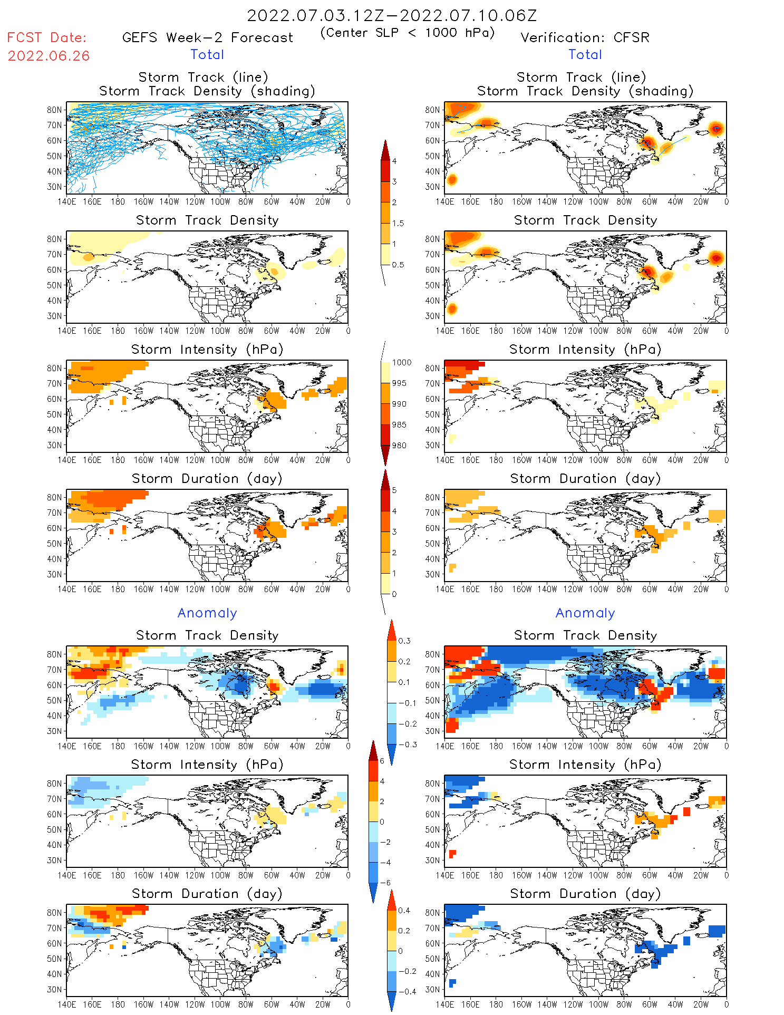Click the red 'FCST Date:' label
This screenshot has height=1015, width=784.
46,37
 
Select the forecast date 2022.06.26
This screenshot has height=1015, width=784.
49,56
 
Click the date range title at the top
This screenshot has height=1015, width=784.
392,15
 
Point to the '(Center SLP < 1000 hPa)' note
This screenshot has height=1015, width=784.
408,33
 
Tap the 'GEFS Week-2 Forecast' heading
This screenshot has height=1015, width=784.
207,37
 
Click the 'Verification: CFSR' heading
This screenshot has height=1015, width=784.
585,37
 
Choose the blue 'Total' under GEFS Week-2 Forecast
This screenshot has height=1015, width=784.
207,54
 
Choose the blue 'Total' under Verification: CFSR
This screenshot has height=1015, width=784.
585,54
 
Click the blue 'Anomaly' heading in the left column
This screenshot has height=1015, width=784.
207,613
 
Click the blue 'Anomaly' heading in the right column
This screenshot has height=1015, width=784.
585,613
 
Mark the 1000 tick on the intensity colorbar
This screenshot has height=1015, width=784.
401,363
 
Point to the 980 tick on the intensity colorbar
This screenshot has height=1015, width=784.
399,446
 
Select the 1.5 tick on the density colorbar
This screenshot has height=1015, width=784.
398,223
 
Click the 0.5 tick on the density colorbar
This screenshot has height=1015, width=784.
398,265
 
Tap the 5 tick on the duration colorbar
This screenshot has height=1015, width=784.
394,490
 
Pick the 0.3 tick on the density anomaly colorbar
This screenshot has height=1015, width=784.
404,641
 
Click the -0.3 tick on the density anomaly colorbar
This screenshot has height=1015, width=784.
407,745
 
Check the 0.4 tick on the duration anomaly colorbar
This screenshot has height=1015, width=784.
404,911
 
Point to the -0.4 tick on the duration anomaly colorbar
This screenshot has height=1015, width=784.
407,991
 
